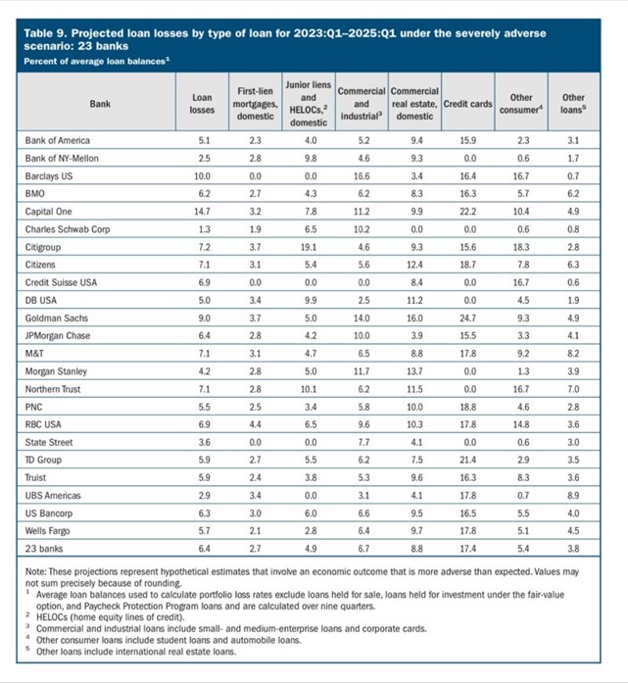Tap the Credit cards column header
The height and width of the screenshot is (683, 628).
tap(466, 103)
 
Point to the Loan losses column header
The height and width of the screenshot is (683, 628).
tap(201, 103)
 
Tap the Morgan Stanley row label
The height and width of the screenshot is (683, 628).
tap(56, 371)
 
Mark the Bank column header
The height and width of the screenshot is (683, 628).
tap(100, 103)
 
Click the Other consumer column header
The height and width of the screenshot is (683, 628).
tap(520, 103)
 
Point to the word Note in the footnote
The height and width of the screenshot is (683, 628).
tap(35, 574)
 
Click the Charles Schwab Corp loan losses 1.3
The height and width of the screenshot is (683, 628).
tap(201, 229)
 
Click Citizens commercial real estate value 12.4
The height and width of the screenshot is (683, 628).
tap(413, 265)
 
